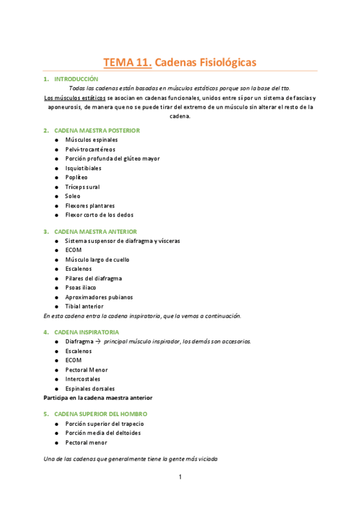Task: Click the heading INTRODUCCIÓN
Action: click(x=76, y=79)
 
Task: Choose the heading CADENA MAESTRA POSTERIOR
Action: click(x=97, y=130)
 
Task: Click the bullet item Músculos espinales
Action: click(x=91, y=140)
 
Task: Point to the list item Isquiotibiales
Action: click(x=83, y=168)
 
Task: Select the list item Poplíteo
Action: click(x=76, y=177)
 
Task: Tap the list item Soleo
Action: click(x=72, y=196)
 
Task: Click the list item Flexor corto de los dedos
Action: click(x=99, y=215)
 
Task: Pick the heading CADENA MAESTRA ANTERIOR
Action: click(x=96, y=231)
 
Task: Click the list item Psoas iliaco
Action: click(x=81, y=287)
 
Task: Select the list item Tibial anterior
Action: click(x=84, y=306)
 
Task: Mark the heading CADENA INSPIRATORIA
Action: click(x=87, y=331)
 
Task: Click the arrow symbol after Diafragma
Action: click(x=99, y=342)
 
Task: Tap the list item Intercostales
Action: click(x=83, y=379)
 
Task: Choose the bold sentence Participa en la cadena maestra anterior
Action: click(x=98, y=398)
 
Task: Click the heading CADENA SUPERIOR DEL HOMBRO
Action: click(x=100, y=414)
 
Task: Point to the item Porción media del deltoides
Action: click(x=103, y=433)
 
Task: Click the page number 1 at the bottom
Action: click(x=180, y=478)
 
